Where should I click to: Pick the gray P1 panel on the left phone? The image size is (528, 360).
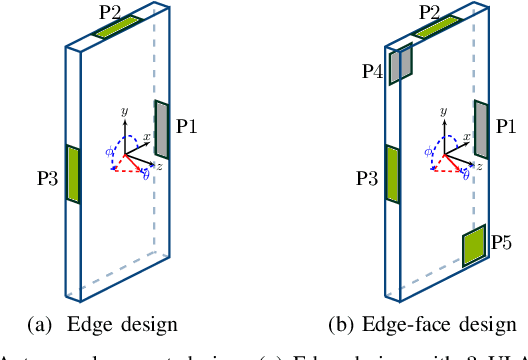pos(162,129)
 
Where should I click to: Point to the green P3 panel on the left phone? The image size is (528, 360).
pos(72,173)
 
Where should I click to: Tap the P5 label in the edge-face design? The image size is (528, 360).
pos(503,242)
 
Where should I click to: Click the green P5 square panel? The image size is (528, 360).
pos(474,245)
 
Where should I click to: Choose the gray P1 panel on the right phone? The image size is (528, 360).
pos(481,129)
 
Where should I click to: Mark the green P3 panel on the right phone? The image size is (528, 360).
pos(392,175)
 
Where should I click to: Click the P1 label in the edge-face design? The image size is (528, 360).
pos(507,127)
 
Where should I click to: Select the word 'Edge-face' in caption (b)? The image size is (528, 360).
pos(390,325)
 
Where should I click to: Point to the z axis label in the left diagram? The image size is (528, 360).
pos(160,165)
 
